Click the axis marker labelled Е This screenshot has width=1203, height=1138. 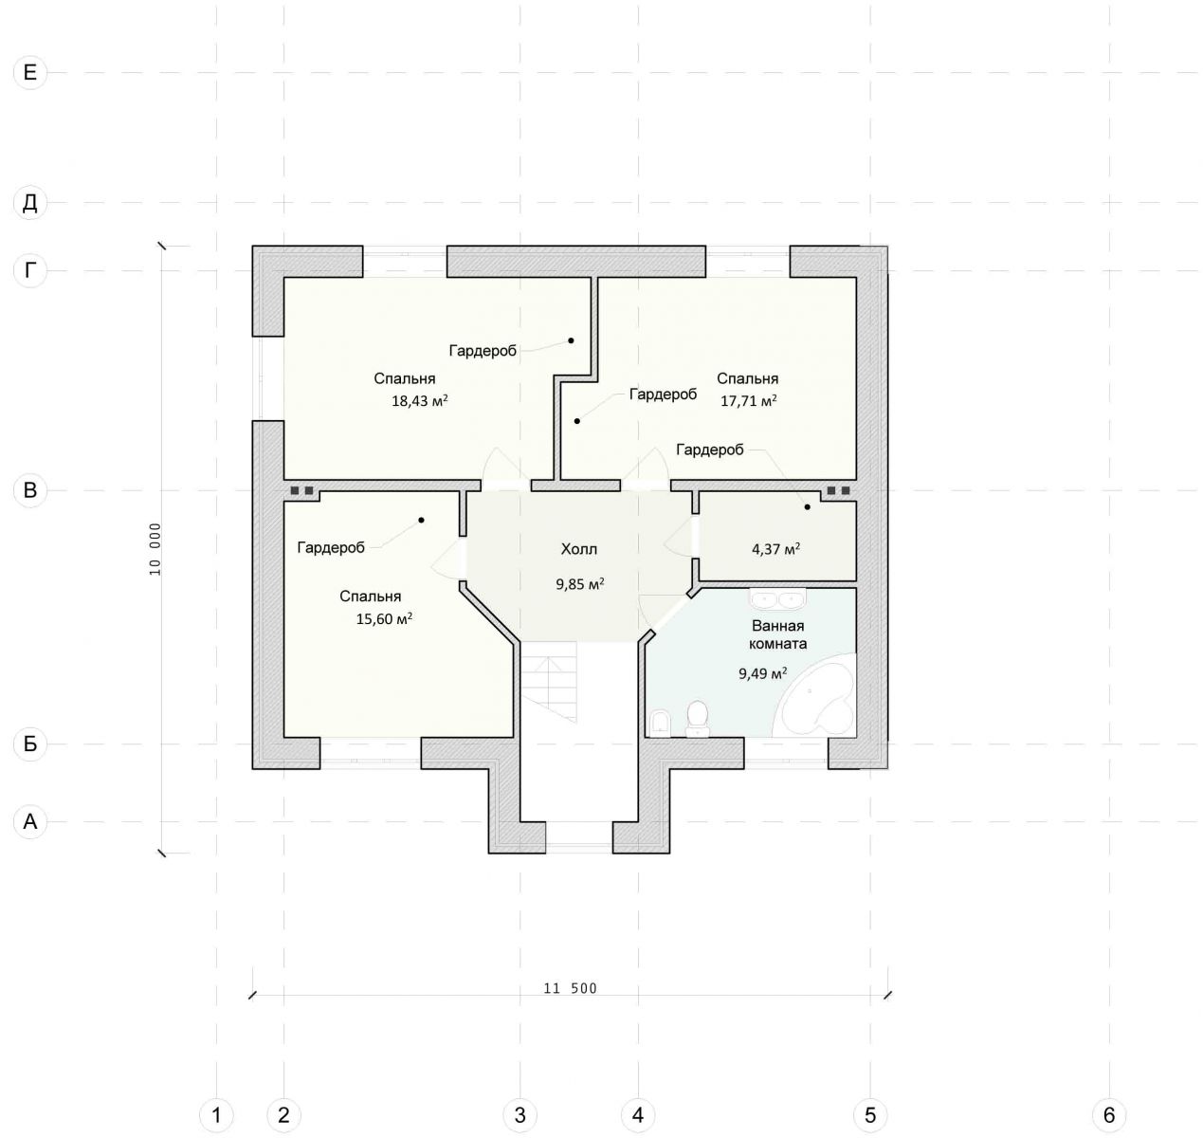[x=30, y=73]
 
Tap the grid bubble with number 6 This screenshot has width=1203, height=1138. [x=1109, y=1115]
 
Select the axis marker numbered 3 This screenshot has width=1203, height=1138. [x=519, y=1115]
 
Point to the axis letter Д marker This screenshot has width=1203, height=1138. [x=30, y=203]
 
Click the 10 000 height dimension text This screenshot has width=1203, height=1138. [x=155, y=549]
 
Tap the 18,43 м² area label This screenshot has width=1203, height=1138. [x=420, y=401]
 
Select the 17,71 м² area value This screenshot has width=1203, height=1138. [x=748, y=401]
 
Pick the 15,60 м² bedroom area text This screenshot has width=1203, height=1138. [x=384, y=619]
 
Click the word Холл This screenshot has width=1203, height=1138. [x=579, y=549]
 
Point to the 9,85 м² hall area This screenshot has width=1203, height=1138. [x=580, y=584]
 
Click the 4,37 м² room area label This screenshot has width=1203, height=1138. [x=775, y=549]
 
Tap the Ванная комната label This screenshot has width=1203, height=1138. [x=777, y=634]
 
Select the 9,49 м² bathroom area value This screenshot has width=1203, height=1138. [x=762, y=674]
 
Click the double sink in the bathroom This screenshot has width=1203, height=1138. [x=777, y=599]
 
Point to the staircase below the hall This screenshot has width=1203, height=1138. [x=548, y=682]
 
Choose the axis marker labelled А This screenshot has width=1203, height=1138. [x=30, y=821]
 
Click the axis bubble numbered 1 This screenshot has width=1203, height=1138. [x=216, y=1115]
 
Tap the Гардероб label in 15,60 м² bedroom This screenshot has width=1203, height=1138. [x=331, y=548]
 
